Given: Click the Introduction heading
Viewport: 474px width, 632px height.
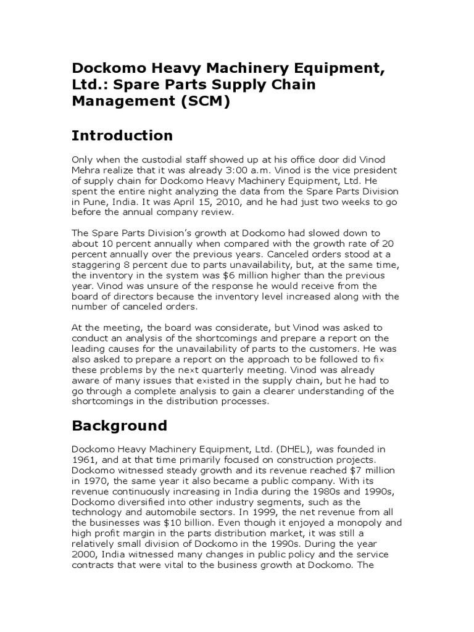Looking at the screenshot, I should [x=122, y=135].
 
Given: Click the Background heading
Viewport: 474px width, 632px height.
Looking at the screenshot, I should [x=120, y=426].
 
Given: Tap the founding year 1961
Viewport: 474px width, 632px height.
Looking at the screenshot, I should [x=85, y=459].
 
